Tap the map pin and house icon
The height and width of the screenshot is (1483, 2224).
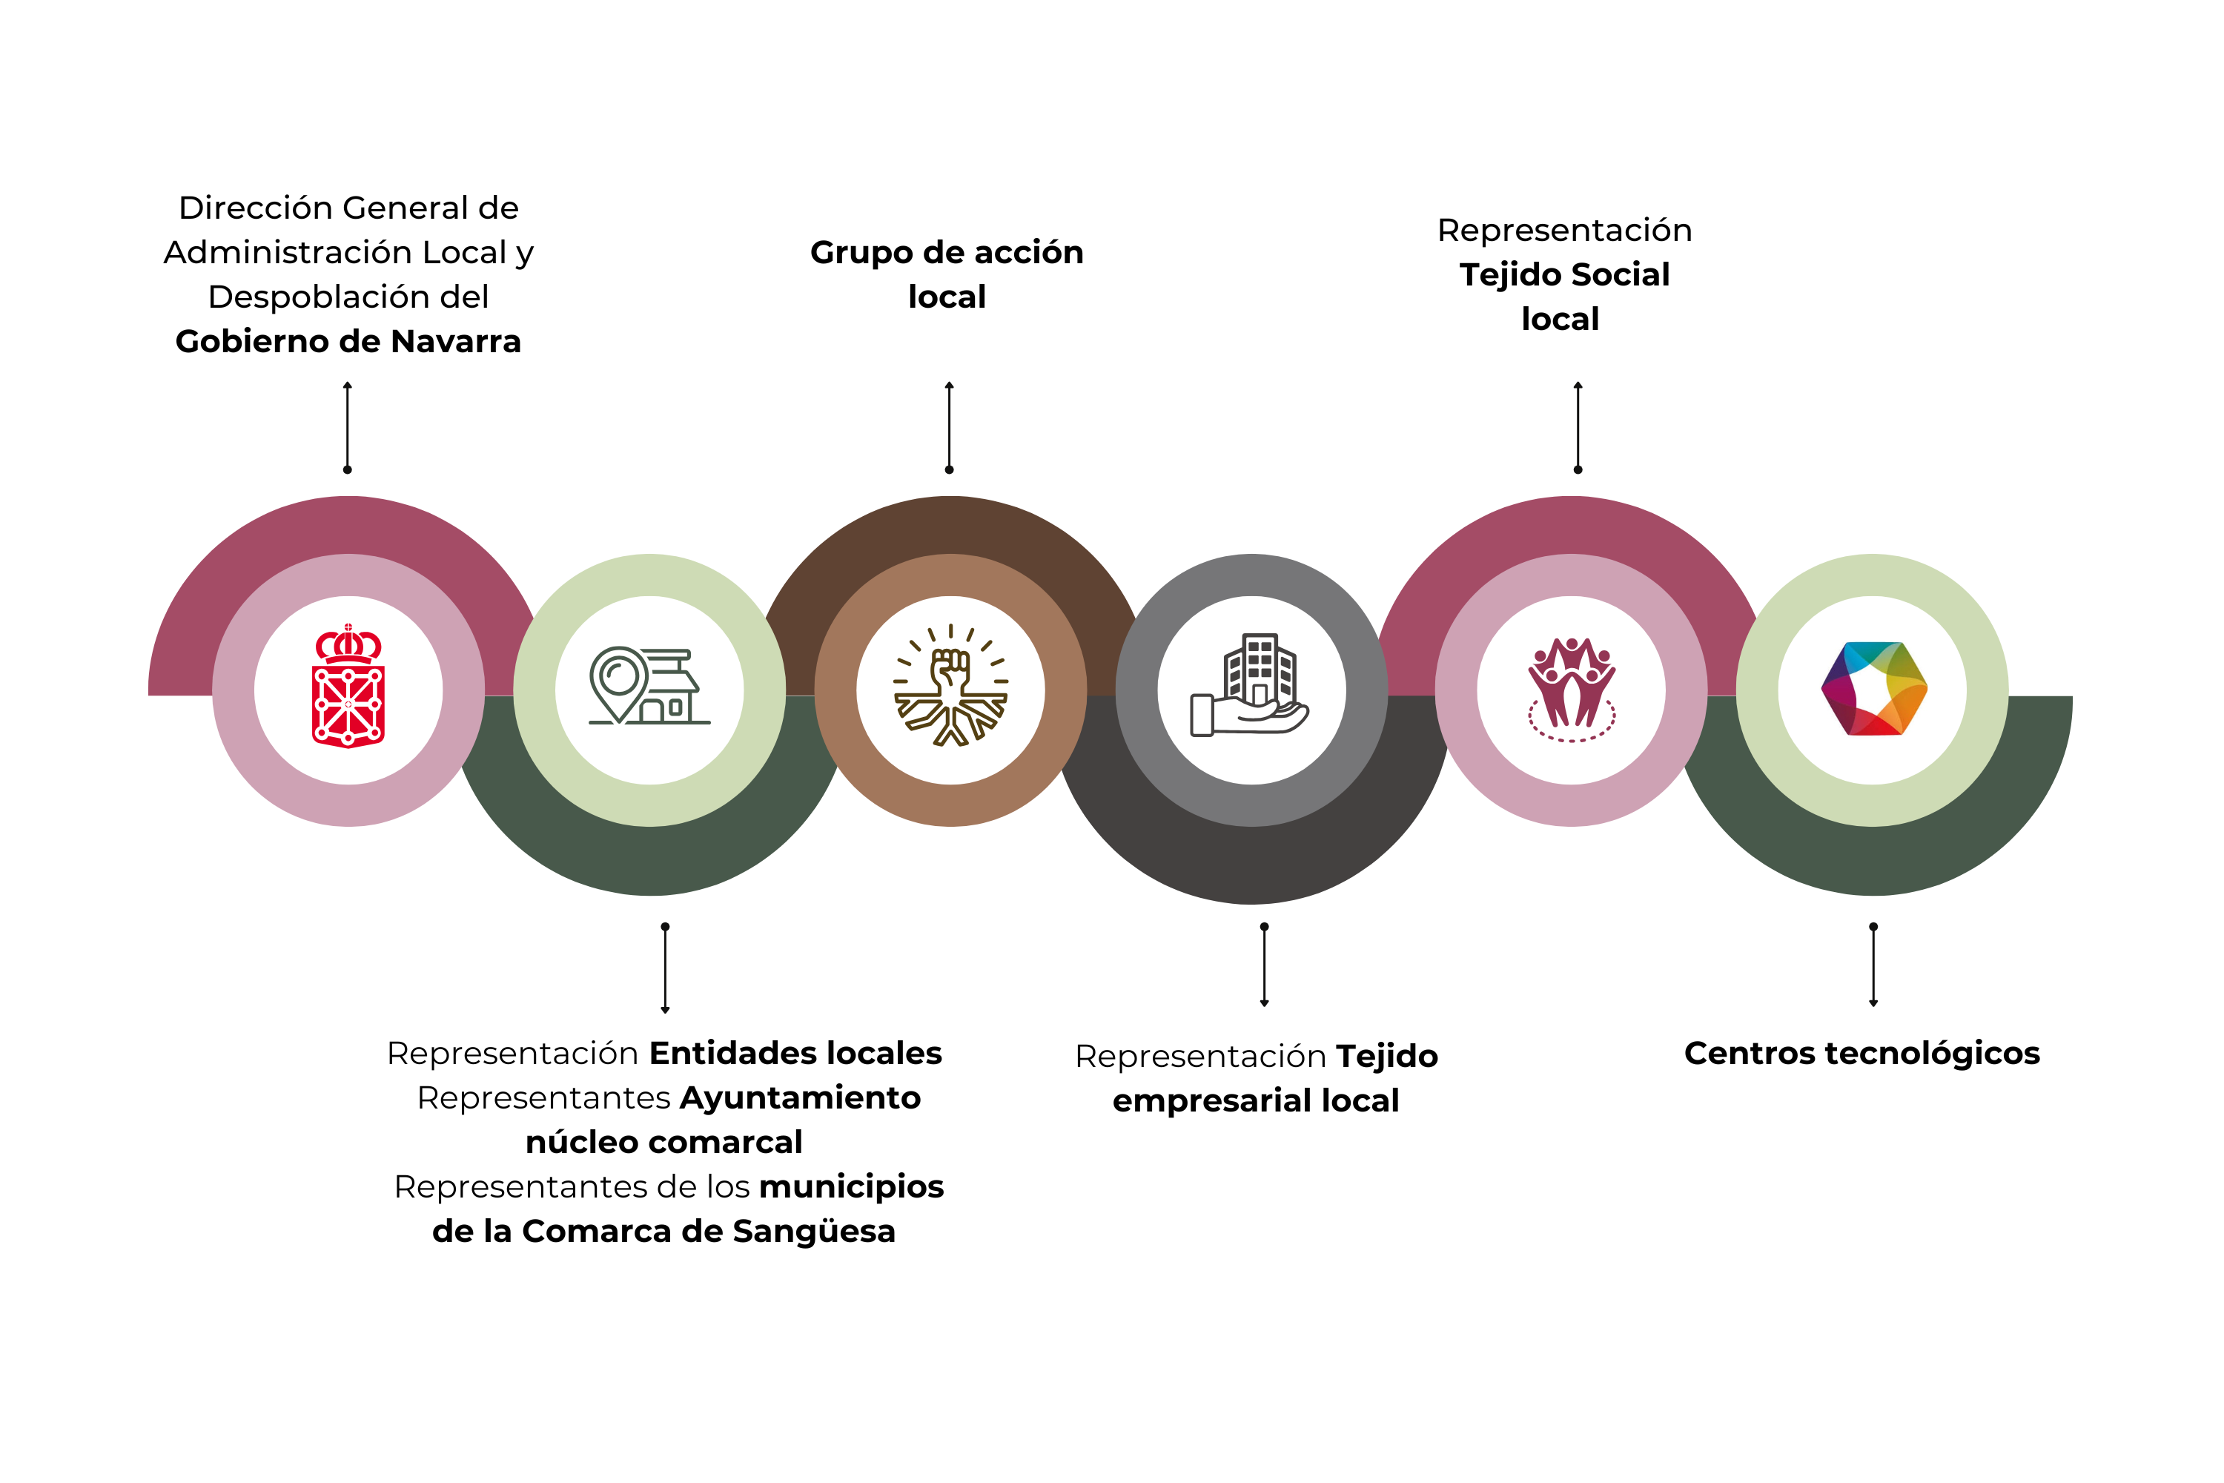click(x=649, y=687)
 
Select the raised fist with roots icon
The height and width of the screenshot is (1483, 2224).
click(x=950, y=687)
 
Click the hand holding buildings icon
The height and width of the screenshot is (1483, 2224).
click(x=1251, y=687)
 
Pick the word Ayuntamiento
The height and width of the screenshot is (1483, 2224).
click(x=800, y=1098)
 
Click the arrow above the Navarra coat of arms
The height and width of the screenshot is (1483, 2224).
click(x=348, y=428)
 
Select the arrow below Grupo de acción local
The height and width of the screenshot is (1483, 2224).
click(x=950, y=428)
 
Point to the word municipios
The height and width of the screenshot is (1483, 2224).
click(x=851, y=1187)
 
